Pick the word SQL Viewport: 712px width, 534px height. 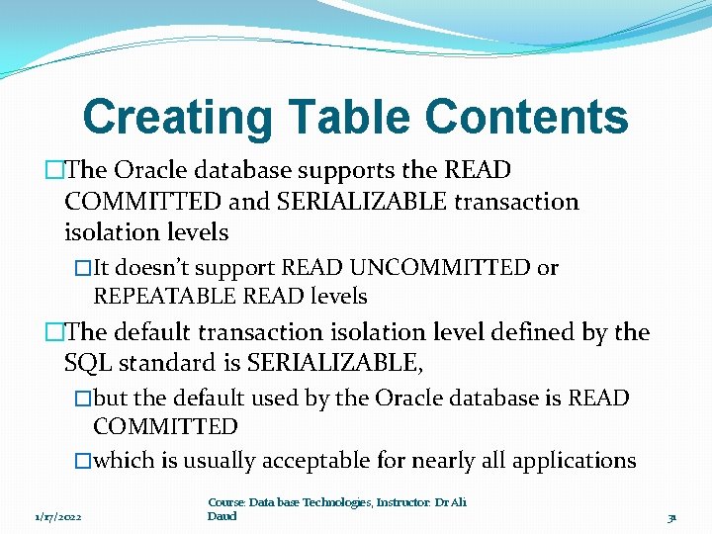point(88,363)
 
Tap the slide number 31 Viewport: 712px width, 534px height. point(671,517)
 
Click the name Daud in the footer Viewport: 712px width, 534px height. point(222,516)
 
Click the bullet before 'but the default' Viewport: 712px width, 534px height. point(83,400)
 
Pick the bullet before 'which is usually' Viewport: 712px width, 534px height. point(83,462)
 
